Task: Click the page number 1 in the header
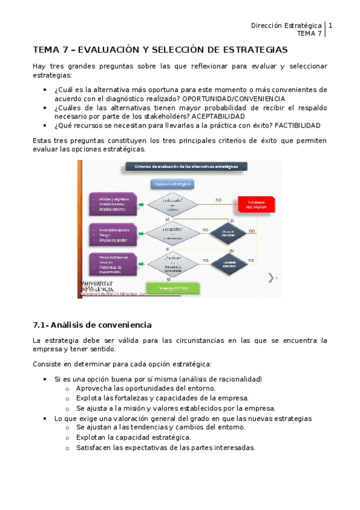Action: (x=330, y=26)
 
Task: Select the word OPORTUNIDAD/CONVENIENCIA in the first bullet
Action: (x=234, y=99)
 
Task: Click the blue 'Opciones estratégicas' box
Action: (x=172, y=184)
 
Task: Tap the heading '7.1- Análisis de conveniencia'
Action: (x=92, y=325)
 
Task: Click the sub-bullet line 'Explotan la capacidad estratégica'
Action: (x=133, y=437)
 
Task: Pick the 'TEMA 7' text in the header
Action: (x=310, y=34)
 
